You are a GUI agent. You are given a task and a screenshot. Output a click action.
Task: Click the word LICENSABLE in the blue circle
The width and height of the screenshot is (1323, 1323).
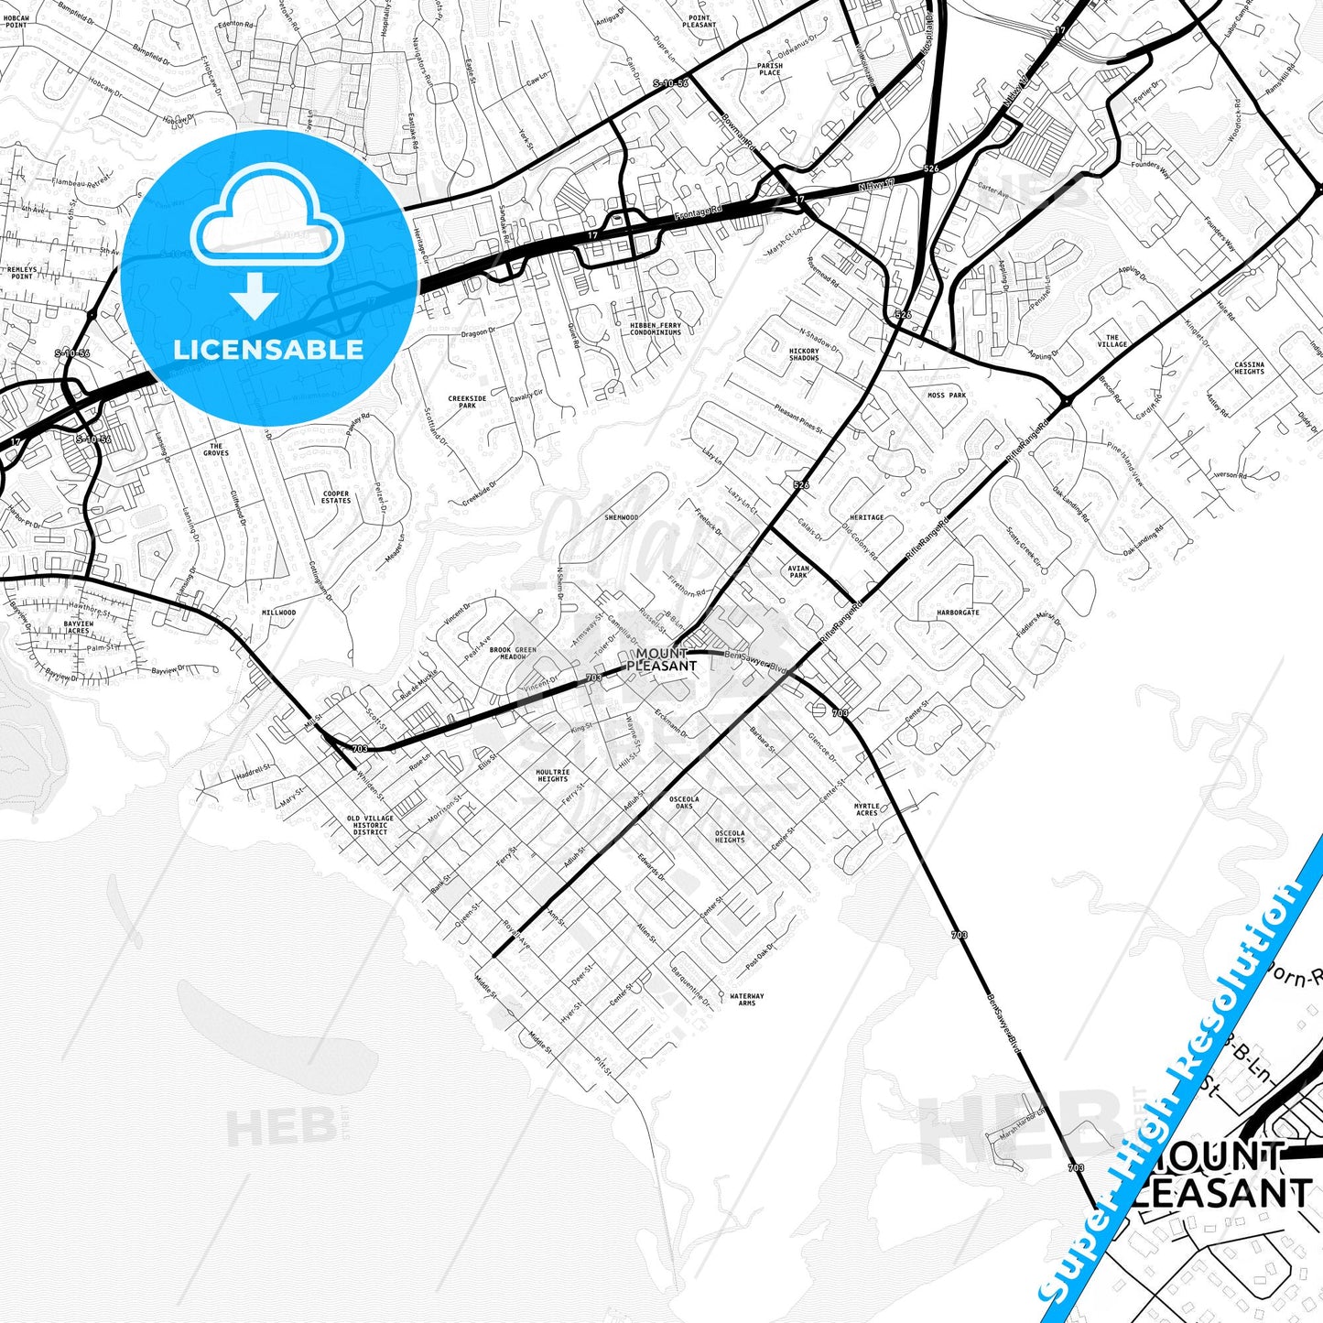(268, 350)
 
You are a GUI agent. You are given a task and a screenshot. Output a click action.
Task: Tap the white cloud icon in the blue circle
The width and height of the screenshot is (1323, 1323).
(267, 225)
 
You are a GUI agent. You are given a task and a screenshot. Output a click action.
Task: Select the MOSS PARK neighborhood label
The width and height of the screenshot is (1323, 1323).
(947, 396)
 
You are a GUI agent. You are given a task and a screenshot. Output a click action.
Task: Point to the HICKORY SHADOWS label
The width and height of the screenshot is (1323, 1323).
(804, 354)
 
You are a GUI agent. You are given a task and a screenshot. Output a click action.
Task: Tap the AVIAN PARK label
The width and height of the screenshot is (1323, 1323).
(798, 572)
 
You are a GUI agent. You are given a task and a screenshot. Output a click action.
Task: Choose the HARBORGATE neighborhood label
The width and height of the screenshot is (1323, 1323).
(958, 613)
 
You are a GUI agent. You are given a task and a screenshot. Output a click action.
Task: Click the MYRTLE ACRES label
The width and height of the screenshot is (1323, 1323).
(866, 809)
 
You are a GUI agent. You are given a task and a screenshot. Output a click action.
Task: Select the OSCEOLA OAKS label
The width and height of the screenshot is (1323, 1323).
(684, 802)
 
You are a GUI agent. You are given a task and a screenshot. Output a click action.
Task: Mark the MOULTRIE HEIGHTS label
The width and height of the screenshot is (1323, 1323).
(552, 775)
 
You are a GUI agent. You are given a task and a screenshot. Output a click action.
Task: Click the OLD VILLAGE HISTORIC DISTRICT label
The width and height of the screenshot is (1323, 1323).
(370, 825)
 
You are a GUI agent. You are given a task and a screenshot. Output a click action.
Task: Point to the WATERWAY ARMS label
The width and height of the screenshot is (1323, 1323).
(746, 999)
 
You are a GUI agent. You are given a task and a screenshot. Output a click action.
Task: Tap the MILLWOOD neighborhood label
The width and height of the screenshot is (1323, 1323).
(278, 613)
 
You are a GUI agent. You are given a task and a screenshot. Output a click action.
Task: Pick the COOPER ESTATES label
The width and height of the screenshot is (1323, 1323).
(336, 497)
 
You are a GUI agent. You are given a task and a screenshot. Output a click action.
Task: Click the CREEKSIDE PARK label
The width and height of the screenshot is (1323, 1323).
(467, 402)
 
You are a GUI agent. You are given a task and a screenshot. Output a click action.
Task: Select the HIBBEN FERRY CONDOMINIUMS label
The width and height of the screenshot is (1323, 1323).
(656, 329)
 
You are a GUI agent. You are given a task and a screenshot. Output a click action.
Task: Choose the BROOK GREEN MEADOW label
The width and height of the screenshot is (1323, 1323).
(513, 653)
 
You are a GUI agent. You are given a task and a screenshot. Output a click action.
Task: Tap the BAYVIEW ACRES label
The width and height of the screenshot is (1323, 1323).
(78, 627)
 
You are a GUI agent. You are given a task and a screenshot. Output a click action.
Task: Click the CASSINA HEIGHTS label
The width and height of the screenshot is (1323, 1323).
(1249, 368)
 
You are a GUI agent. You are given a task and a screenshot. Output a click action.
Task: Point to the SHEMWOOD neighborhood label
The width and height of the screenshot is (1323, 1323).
(621, 517)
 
